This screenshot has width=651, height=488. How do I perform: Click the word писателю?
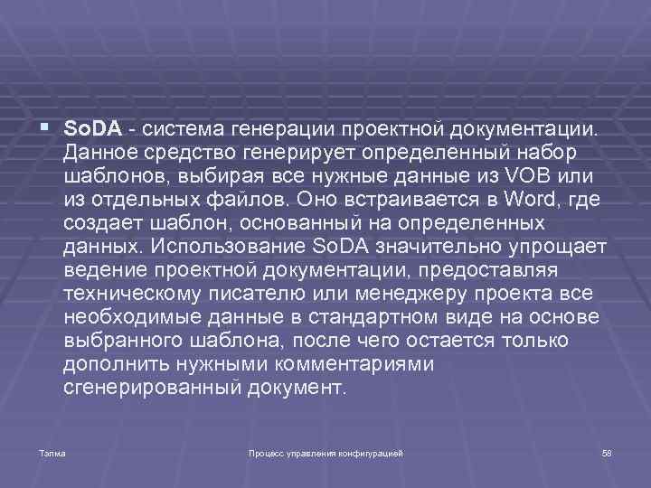(257, 294)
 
